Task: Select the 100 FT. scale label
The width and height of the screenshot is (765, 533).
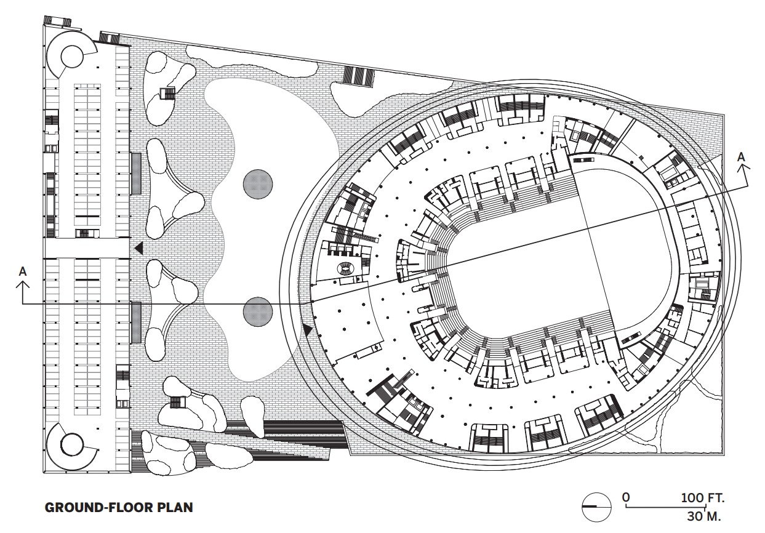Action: tap(703, 497)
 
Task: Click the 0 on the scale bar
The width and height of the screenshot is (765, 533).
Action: tap(626, 497)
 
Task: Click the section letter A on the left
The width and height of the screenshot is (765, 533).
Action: tap(23, 271)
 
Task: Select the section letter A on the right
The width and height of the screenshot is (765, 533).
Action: tap(742, 157)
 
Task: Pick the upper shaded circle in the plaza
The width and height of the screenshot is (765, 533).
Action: tap(258, 185)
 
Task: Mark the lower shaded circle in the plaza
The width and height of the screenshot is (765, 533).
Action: tap(258, 312)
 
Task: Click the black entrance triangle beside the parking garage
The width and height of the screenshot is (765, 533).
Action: tap(139, 248)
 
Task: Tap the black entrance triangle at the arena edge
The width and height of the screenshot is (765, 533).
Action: tap(307, 330)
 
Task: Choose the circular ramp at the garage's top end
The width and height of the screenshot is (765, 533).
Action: tap(72, 57)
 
